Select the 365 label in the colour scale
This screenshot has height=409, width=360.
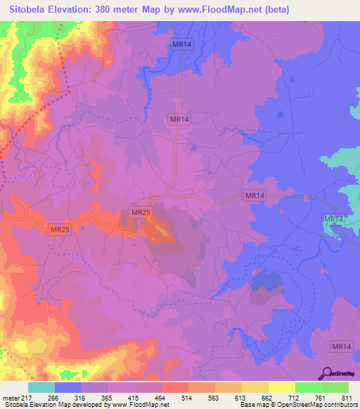[x=108, y=397]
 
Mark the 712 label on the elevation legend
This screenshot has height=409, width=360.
[x=295, y=397]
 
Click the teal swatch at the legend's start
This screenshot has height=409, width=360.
[x=41, y=387]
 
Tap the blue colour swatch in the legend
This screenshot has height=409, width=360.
[x=67, y=387]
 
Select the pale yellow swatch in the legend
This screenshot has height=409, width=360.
[x=281, y=387]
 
